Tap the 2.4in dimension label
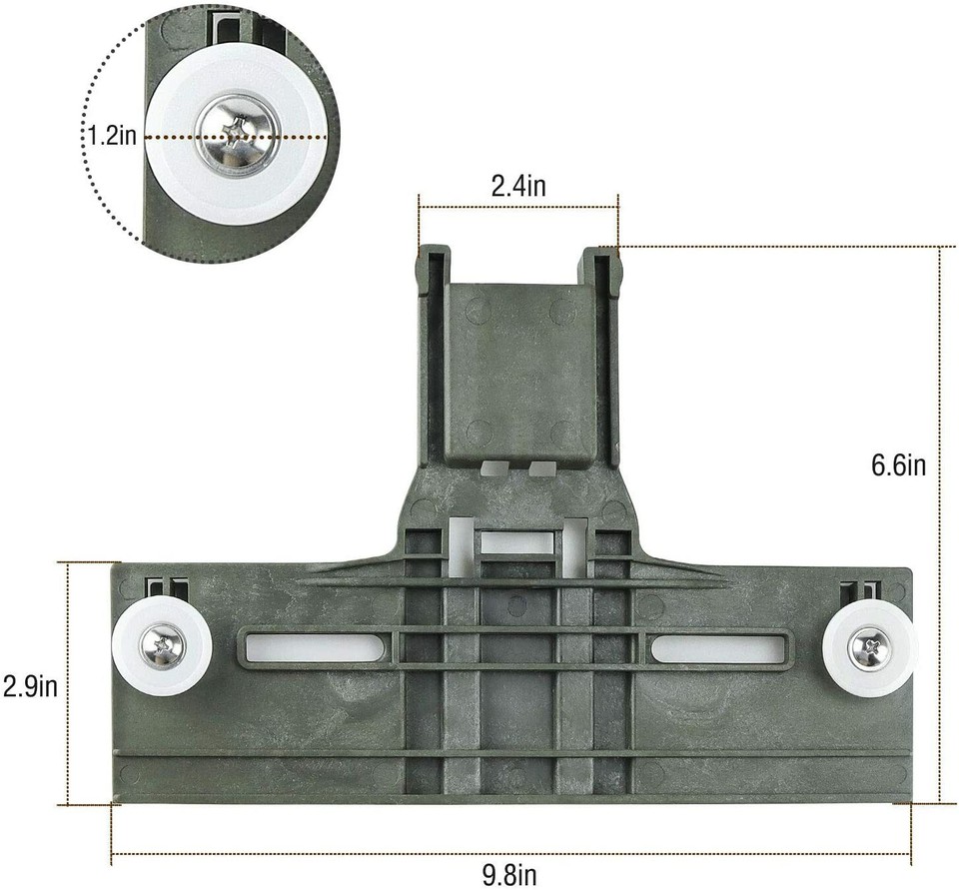tap(517, 185)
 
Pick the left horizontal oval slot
tap(318, 648)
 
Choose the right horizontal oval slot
tap(714, 648)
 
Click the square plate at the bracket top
tap(517, 370)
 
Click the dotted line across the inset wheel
tap(290, 136)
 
